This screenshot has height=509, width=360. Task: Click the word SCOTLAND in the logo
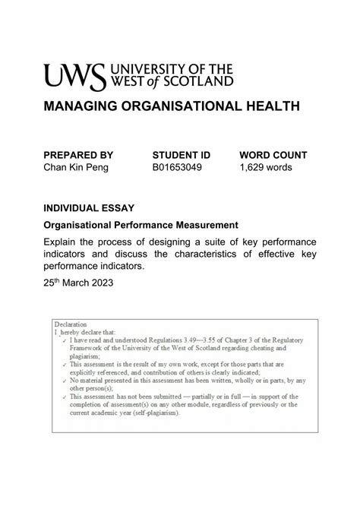point(195,78)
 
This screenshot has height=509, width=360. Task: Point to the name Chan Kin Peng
point(75,167)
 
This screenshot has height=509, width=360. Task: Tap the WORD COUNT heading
point(274,153)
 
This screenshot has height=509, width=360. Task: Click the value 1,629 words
point(265,167)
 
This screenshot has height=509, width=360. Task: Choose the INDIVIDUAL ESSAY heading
point(90,206)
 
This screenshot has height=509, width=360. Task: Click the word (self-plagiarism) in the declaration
point(150,422)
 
